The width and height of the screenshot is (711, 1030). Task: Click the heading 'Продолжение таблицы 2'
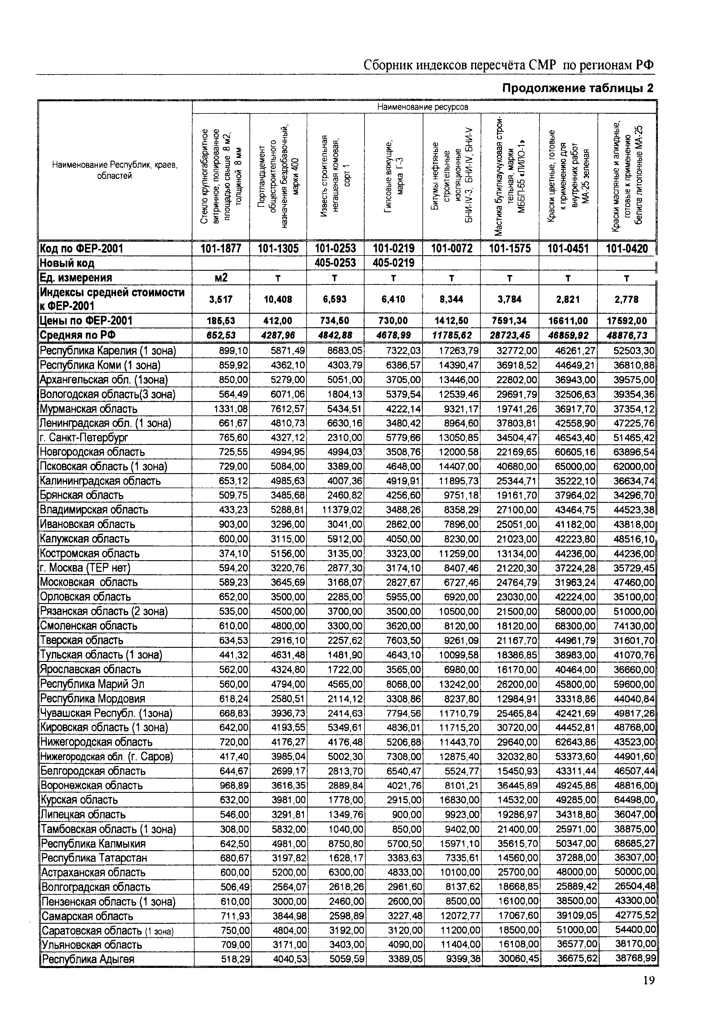click(578, 89)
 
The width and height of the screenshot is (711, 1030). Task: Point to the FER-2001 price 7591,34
click(510, 321)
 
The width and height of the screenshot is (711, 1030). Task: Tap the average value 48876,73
click(626, 335)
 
